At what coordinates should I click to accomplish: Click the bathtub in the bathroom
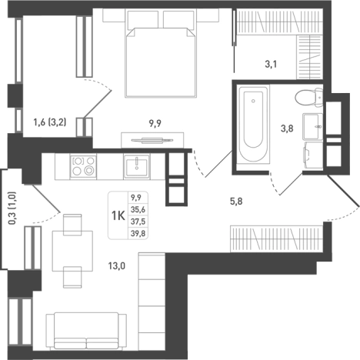(x=253, y=124)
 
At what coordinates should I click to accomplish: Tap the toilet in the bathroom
(x=308, y=97)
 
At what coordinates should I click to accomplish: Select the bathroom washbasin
(x=312, y=126)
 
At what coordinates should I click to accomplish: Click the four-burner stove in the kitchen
(x=83, y=166)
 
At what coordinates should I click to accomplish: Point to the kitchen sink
(x=137, y=166)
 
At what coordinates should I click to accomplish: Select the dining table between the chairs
(x=72, y=251)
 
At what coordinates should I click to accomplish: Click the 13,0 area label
(x=117, y=266)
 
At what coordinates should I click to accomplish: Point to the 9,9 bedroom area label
(x=155, y=124)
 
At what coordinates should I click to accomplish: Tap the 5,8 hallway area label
(x=236, y=202)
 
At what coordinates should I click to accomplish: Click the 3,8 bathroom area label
(x=287, y=128)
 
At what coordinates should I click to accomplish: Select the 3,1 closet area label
(x=271, y=64)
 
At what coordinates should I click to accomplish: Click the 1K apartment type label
(x=118, y=216)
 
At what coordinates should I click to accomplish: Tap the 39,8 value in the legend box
(x=138, y=234)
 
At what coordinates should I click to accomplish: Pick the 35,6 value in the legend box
(x=138, y=210)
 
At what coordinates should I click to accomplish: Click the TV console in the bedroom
(x=152, y=140)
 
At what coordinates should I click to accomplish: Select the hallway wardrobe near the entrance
(x=276, y=238)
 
